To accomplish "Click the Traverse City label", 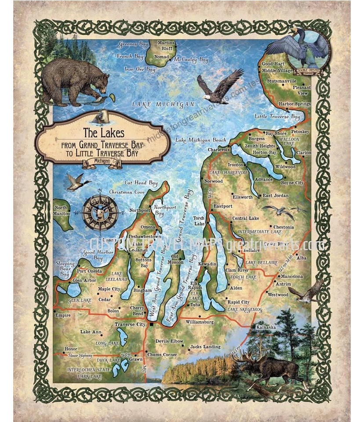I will coord(130,324).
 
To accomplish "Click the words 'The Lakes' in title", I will coord(98,132).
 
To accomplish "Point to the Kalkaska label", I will coord(265,328).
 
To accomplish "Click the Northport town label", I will coord(140,211).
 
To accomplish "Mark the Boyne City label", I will coord(292,182).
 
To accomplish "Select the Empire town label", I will coord(62,315).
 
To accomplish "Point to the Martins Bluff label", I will coord(166,45).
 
